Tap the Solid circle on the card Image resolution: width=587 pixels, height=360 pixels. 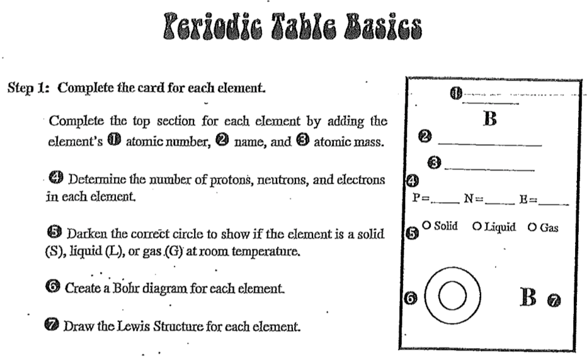point(427,225)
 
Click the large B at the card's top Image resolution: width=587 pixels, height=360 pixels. point(490,120)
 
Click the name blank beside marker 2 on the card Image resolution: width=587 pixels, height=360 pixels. point(489,144)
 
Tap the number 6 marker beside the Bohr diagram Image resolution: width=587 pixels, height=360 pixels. point(410,299)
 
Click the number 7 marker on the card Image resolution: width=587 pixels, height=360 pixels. point(554,301)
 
